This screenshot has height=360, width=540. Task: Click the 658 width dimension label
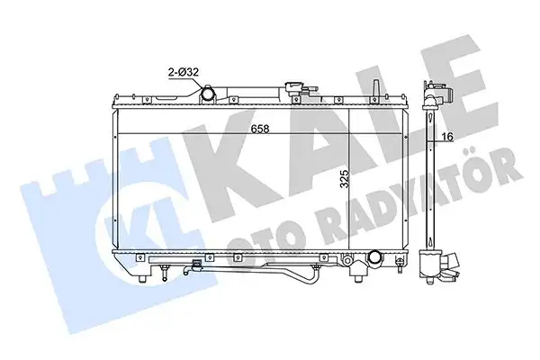pyautogui.click(x=260, y=130)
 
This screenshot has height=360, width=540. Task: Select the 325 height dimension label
pyautogui.click(x=345, y=178)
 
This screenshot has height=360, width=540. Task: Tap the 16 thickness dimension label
pyautogui.click(x=447, y=137)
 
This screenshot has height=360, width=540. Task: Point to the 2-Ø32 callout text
pyautogui.click(x=184, y=72)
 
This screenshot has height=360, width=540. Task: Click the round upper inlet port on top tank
pyautogui.click(x=208, y=94)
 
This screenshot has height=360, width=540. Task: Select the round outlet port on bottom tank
pyautogui.click(x=374, y=257)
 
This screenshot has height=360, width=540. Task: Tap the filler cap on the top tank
pyautogui.click(x=293, y=88)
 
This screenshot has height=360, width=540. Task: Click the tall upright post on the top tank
pyautogui.click(x=376, y=88)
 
